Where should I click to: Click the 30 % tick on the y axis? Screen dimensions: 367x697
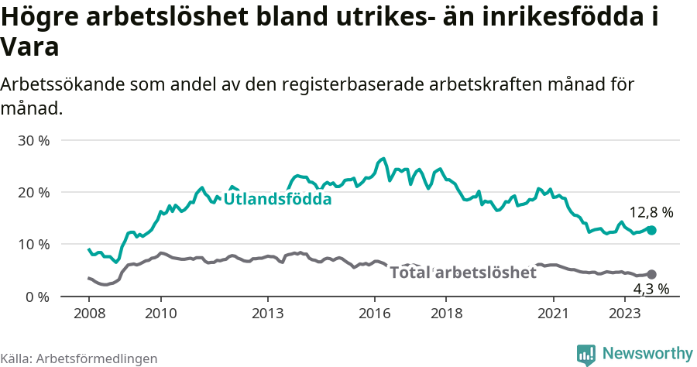click(x=33, y=141)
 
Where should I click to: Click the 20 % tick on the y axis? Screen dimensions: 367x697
click(x=33, y=193)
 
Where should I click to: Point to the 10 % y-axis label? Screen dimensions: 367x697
click(x=33, y=245)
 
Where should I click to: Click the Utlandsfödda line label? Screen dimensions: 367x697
click(x=277, y=200)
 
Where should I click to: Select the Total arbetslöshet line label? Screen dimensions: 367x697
click(x=462, y=273)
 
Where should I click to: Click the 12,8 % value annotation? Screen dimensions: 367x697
click(x=651, y=211)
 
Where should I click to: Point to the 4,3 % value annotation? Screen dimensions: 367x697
click(x=651, y=290)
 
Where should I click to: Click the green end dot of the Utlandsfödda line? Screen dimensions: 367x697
click(x=651, y=230)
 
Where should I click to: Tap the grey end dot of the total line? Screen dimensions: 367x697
click(x=651, y=274)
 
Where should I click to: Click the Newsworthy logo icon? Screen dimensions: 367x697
click(x=586, y=354)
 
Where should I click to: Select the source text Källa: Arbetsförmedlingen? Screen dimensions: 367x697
click(x=79, y=358)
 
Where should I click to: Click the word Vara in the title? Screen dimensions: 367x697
click(x=29, y=48)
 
